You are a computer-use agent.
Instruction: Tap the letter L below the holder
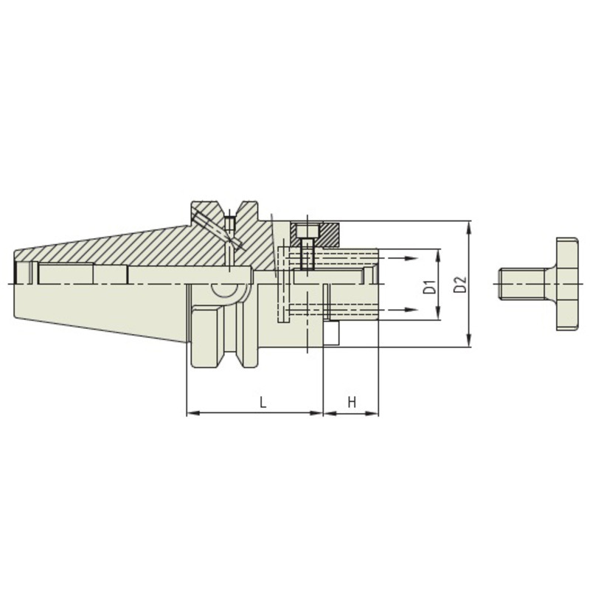click(x=263, y=402)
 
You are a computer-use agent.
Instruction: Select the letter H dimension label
click(x=352, y=402)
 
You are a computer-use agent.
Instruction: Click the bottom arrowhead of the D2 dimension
click(x=468, y=340)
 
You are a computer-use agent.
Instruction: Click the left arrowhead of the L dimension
click(x=193, y=414)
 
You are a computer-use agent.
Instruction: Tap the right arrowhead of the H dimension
click(x=372, y=414)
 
